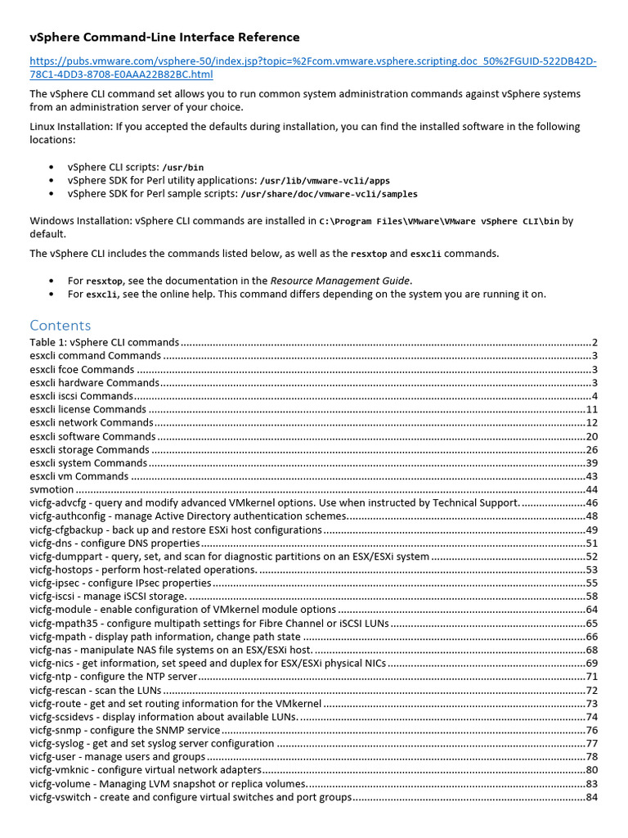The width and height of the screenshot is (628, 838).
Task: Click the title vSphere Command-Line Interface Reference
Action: click(164, 37)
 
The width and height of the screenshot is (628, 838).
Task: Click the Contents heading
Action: click(60, 325)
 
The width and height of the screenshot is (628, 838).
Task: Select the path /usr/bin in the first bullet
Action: click(183, 167)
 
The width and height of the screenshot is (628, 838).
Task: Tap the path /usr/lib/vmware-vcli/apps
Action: click(325, 180)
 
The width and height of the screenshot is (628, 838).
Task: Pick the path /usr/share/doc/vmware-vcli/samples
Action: click(329, 194)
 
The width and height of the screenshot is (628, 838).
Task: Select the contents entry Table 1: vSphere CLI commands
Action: click(105, 342)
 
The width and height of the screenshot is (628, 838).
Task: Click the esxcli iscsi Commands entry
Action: click(82, 396)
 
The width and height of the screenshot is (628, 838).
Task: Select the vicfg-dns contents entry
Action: click(114, 543)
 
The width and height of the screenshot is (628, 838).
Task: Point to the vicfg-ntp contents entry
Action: click(114, 677)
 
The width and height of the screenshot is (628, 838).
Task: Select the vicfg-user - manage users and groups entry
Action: click(118, 757)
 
